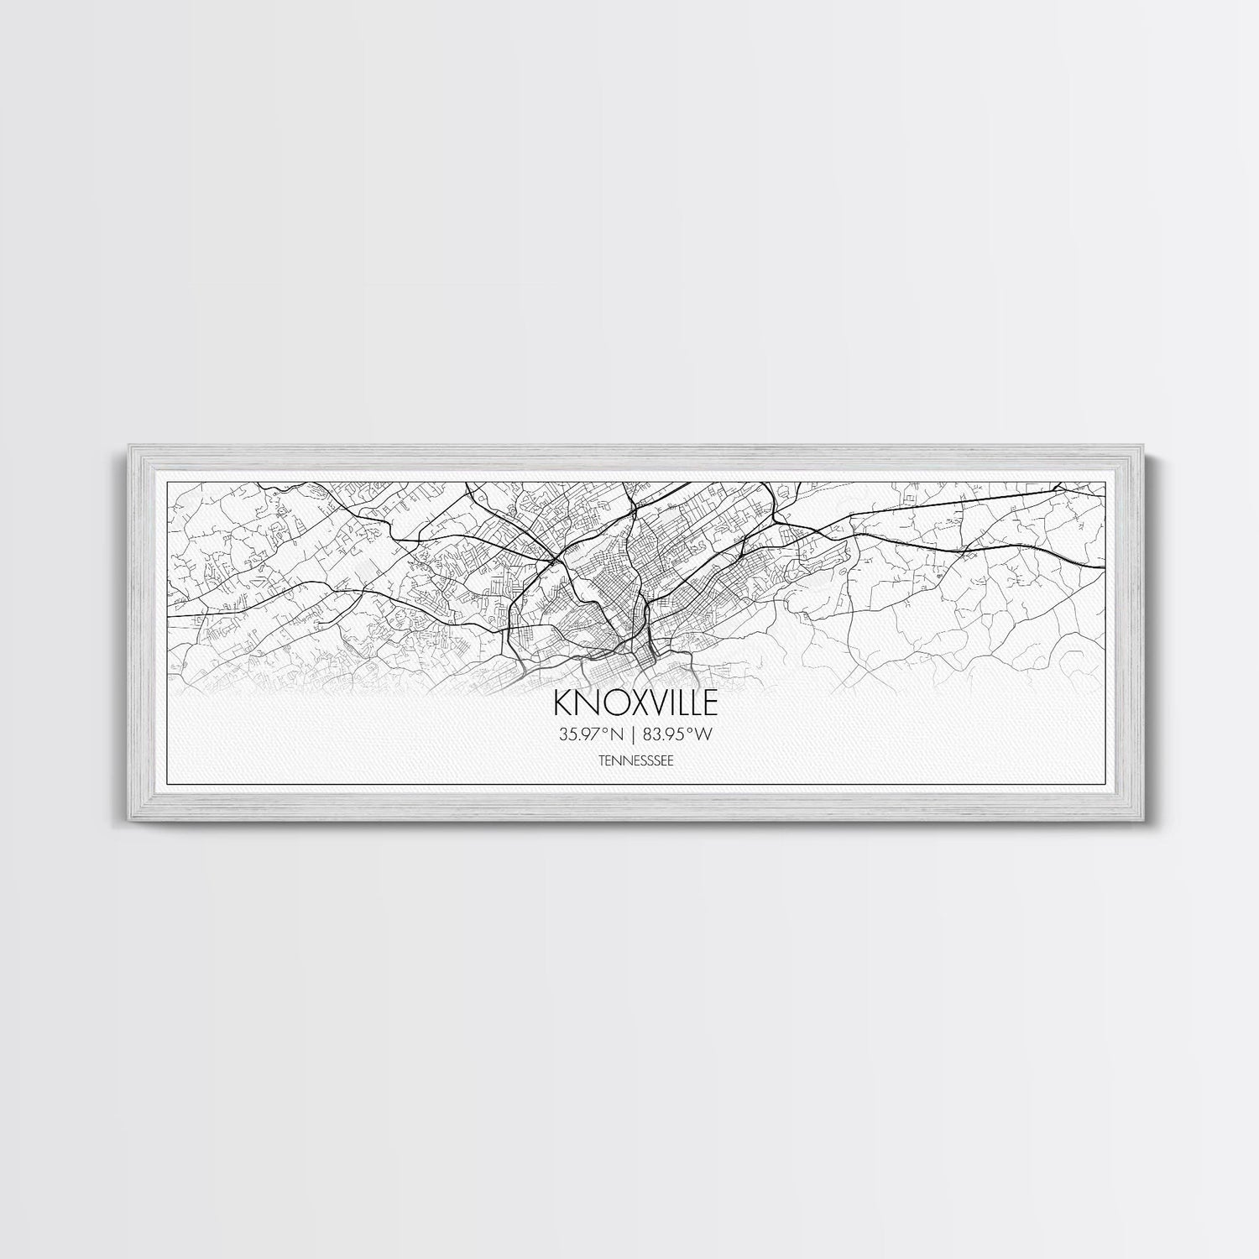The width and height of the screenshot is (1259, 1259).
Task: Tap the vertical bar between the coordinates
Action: tap(633, 734)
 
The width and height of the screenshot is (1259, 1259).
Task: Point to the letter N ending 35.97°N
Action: tap(616, 734)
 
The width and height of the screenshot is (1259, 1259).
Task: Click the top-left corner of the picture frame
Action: tap(125, 447)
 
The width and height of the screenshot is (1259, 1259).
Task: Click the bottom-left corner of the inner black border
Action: tap(169, 784)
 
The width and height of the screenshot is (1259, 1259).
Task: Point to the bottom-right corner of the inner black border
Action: tap(1105, 784)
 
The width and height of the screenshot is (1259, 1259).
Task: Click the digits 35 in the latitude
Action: tap(566, 734)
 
